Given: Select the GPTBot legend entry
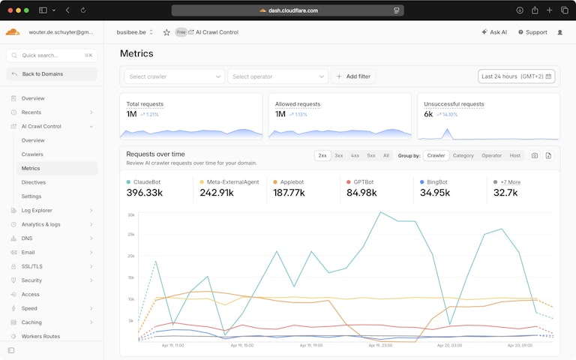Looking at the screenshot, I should tap(364, 181).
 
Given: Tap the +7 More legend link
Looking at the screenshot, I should tap(510, 181).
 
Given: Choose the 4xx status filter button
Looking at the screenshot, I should tap(355, 155).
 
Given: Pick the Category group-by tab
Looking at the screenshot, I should tap(463, 155).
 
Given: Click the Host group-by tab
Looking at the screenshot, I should tap(514, 155).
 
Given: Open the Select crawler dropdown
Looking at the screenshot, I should tap(174, 76).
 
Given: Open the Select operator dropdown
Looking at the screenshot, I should tap(278, 76).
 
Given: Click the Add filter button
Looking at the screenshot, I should tap(353, 76).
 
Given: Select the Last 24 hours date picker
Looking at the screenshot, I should tap(517, 76).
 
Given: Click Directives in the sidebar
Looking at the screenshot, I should tap(34, 182).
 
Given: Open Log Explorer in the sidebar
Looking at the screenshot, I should tap(37, 210).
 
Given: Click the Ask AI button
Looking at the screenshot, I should tap(494, 32).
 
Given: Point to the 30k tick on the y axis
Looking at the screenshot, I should tap(130, 215).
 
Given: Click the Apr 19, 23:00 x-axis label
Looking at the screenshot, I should tap(381, 346).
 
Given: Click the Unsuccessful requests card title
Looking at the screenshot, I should tap(454, 104).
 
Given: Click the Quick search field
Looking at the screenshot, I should tap(51, 55).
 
